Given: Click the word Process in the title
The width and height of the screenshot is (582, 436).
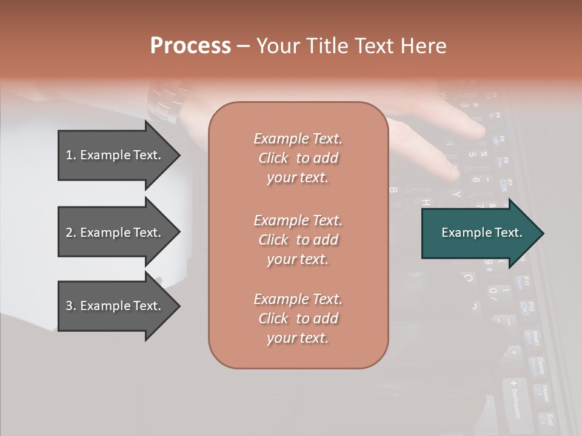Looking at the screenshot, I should point(190,45).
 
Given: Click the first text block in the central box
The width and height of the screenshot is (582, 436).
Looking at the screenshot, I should point(298,158).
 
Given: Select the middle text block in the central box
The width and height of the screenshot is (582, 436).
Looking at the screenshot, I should point(298,240).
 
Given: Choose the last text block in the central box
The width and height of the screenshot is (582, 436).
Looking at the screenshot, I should point(298,319).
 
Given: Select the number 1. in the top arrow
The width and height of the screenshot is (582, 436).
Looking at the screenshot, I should point(70,155).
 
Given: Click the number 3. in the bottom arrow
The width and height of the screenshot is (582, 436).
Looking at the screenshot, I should point(70,306).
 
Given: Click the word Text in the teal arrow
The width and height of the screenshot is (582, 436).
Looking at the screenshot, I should point(509,233).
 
